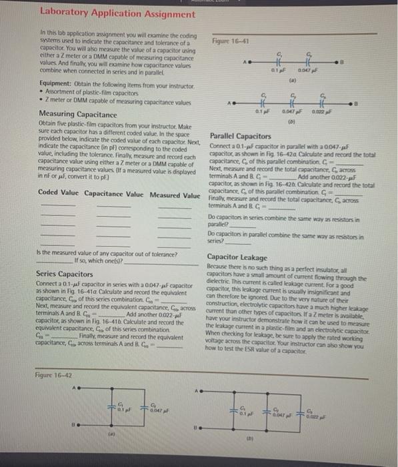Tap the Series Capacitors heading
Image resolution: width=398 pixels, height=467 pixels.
65,274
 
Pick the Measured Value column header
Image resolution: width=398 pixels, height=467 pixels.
175,195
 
